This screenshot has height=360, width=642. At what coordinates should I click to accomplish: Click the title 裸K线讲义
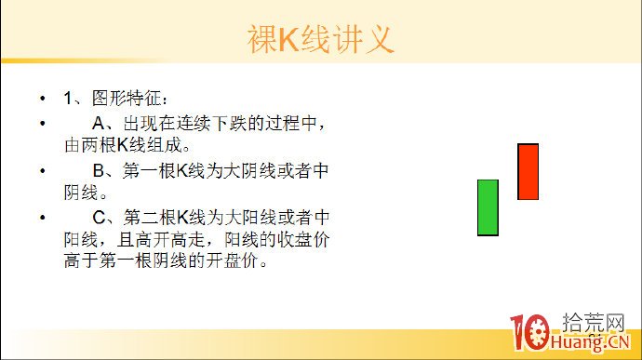tap(321, 40)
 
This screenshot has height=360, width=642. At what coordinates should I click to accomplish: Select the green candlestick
tap(488, 207)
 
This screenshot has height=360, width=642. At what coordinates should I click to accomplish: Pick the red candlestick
tap(528, 171)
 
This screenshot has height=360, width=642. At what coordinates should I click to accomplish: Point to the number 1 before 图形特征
tap(68, 98)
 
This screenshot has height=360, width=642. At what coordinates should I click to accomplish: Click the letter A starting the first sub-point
tap(98, 123)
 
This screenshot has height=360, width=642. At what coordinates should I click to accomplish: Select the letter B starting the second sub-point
tap(98, 171)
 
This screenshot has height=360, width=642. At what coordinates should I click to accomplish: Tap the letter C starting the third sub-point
tap(98, 218)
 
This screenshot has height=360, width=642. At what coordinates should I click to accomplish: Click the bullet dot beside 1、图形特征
tap(41, 99)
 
